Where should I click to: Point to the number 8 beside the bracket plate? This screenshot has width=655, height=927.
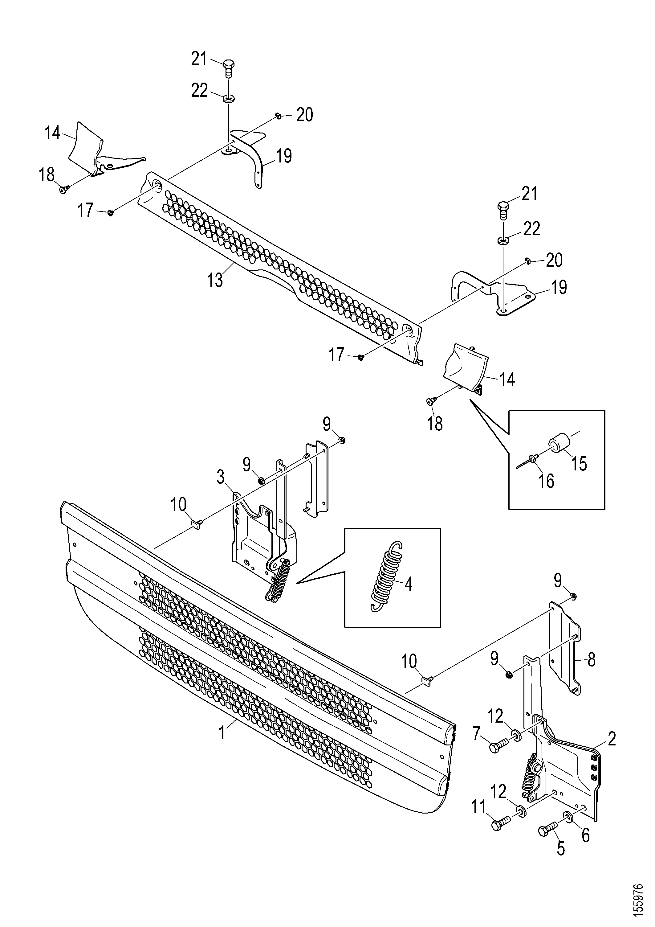[x=592, y=661]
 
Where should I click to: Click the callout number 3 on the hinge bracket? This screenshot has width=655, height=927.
[x=220, y=477]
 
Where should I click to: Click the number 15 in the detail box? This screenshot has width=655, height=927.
[x=578, y=464]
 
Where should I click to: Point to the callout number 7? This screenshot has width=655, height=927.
[x=477, y=734]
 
